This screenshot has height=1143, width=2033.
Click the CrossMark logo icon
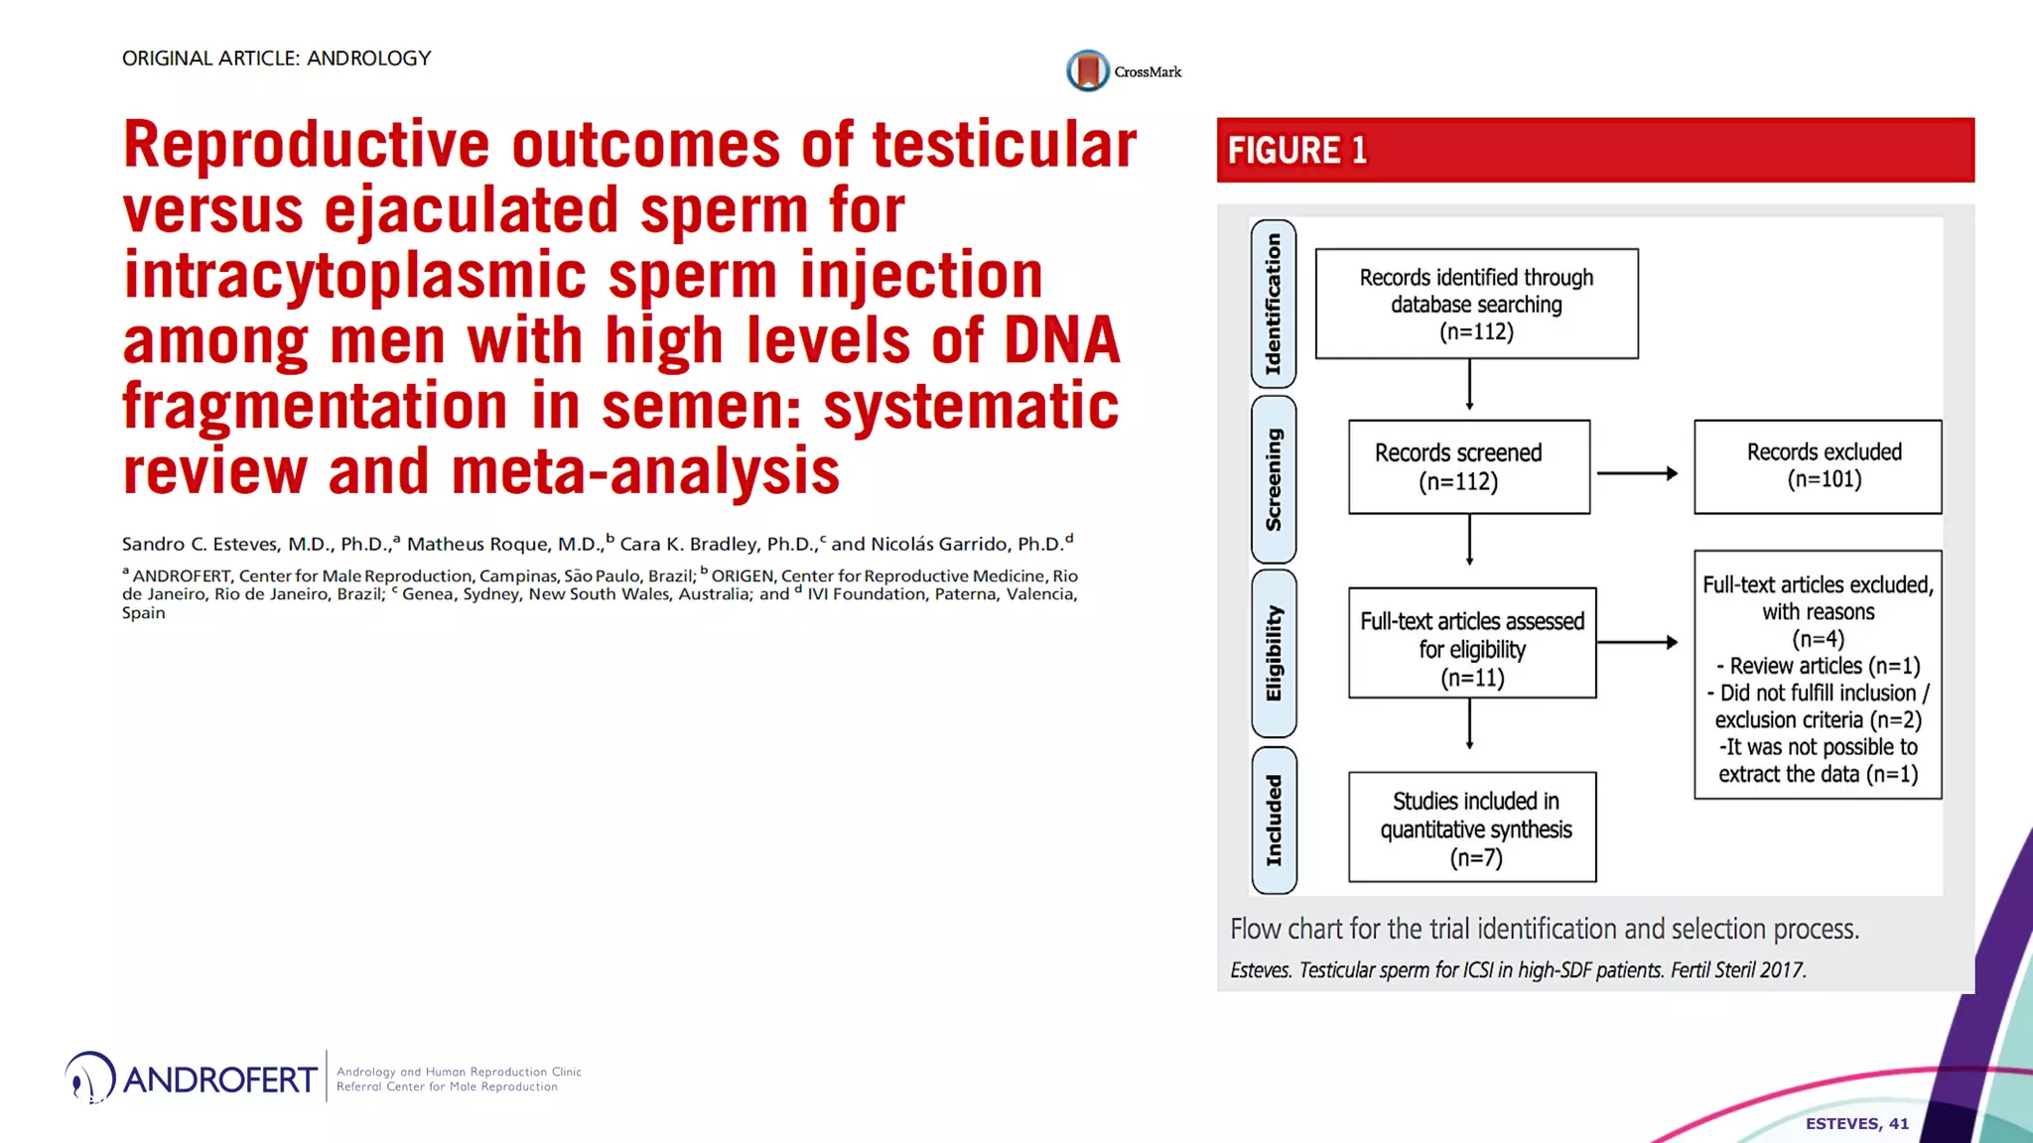pos(1088,71)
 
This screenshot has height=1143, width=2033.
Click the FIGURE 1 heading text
pos(1297,151)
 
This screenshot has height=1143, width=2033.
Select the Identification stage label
pos(1274,304)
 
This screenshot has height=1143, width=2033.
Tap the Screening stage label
pos(1274,479)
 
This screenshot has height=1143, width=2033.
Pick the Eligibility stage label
pos(1274,653)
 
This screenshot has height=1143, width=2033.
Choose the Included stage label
pos(1274,821)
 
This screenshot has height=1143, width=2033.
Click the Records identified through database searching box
pos(1476,304)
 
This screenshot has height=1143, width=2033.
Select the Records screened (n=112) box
pos(1468,467)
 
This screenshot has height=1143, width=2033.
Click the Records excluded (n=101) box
pos(1817,466)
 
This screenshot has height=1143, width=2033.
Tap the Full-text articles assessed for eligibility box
pos(1471,643)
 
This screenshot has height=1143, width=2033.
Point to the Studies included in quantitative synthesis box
pos(1471,827)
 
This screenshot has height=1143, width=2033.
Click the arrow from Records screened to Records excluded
pos(1637,474)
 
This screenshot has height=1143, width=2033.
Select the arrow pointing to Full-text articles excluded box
pos(1637,643)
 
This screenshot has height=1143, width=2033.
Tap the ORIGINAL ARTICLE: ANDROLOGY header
pos(276,59)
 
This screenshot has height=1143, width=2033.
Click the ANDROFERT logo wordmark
pos(220,1079)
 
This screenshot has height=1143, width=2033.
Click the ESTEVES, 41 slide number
pos(1856,1123)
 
